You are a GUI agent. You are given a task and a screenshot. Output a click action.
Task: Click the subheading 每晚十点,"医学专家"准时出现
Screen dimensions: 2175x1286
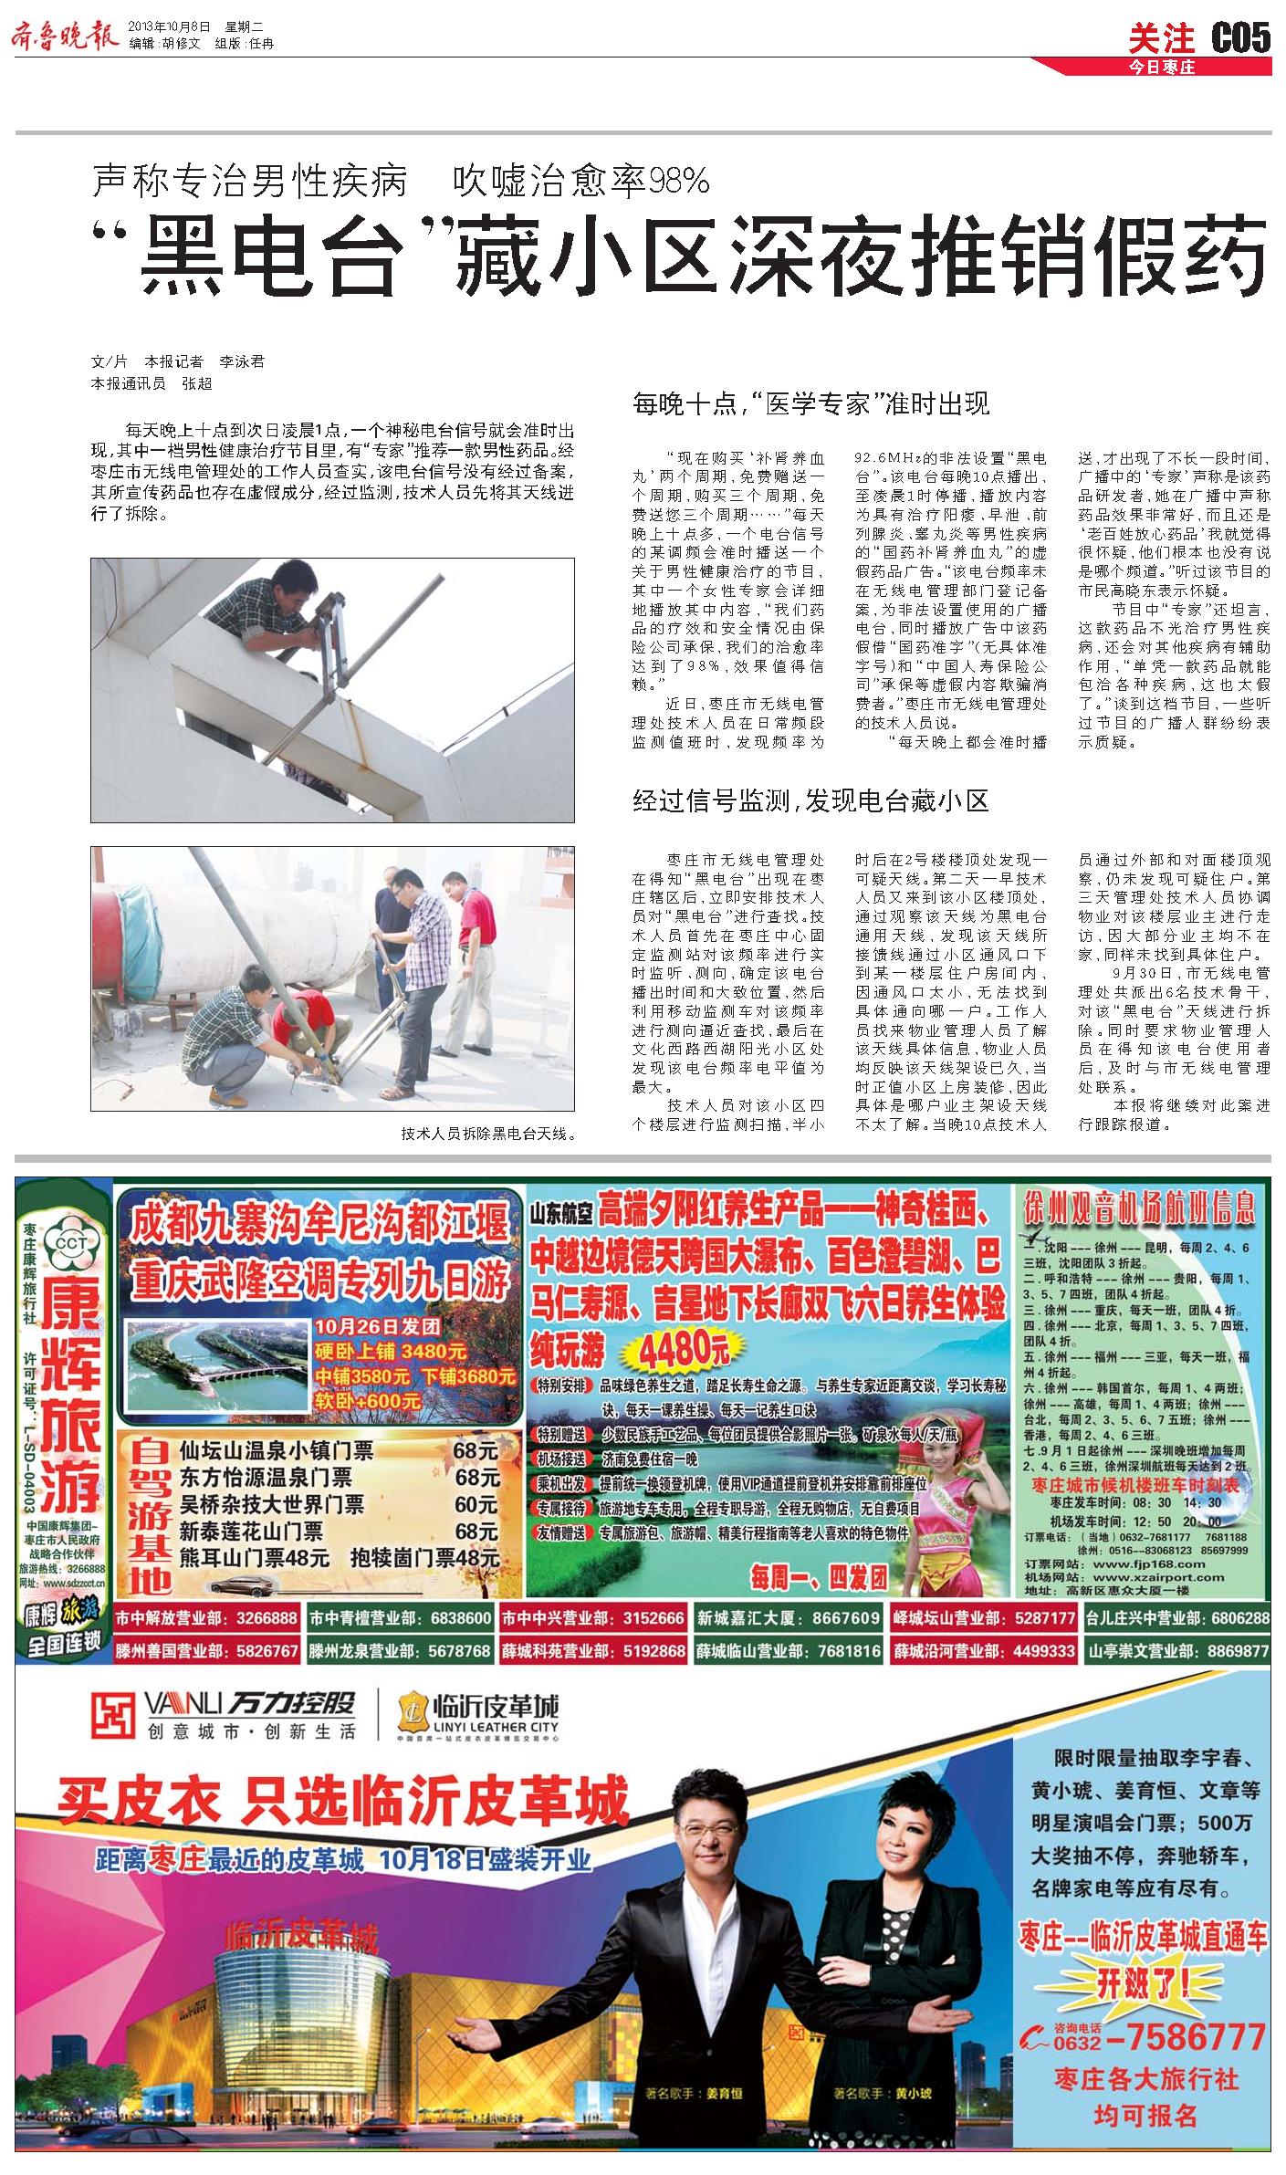(810, 403)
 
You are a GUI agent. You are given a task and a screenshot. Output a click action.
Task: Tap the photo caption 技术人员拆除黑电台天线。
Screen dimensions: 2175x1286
(488, 1135)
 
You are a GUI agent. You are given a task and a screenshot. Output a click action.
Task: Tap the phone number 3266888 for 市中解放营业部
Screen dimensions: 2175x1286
(267, 1618)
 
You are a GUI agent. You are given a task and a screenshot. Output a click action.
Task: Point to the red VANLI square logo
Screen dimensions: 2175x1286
(114, 1716)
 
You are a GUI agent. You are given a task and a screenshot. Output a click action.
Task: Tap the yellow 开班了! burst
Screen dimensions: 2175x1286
(1142, 1977)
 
